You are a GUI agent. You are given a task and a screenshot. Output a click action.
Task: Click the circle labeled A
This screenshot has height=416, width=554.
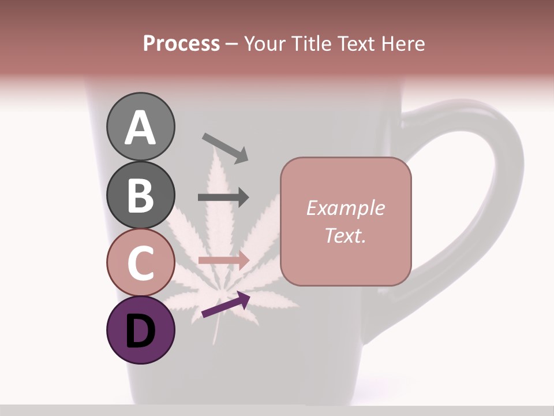pos(140,127)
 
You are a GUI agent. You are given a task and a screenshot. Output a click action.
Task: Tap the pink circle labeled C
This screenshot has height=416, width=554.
pos(140,262)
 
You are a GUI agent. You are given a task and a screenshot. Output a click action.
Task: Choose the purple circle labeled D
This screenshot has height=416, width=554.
pos(140,330)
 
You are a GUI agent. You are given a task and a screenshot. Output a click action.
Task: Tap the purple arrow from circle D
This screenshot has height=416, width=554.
pos(226,304)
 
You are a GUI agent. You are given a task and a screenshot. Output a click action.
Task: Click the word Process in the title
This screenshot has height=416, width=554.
pos(181,43)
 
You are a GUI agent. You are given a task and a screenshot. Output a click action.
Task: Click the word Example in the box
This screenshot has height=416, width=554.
pos(345,208)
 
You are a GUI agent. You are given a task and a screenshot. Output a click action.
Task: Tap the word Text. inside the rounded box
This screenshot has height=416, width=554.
pos(345,235)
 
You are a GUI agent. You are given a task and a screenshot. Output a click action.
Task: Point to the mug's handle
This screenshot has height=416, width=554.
pos(491,191)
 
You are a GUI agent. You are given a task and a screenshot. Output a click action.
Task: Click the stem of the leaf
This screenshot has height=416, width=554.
pos(216,329)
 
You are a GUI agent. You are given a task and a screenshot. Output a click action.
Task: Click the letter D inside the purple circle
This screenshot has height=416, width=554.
pos(140,331)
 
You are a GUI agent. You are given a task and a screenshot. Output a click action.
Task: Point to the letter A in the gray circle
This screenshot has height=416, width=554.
pos(140,128)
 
